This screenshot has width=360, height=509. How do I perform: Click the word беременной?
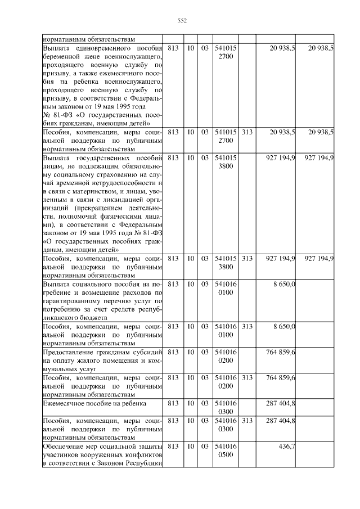64,57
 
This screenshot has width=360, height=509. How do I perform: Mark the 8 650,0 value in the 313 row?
284,326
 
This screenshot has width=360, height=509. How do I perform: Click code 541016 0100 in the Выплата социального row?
226,287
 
